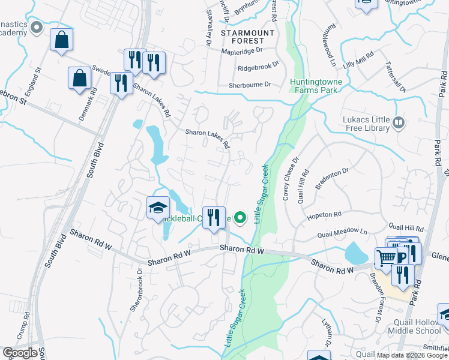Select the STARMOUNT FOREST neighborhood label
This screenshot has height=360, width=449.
click(247, 37)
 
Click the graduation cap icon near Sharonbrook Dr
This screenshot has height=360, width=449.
click(157, 208)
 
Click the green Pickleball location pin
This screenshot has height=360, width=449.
click(241, 217)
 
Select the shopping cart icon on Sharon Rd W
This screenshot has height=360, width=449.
click(386, 258)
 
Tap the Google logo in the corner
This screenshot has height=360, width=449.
click(20, 353)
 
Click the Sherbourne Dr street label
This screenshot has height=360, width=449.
click(255, 85)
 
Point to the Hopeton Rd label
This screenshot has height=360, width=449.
click(324, 214)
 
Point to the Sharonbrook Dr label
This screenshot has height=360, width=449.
click(136, 289)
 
